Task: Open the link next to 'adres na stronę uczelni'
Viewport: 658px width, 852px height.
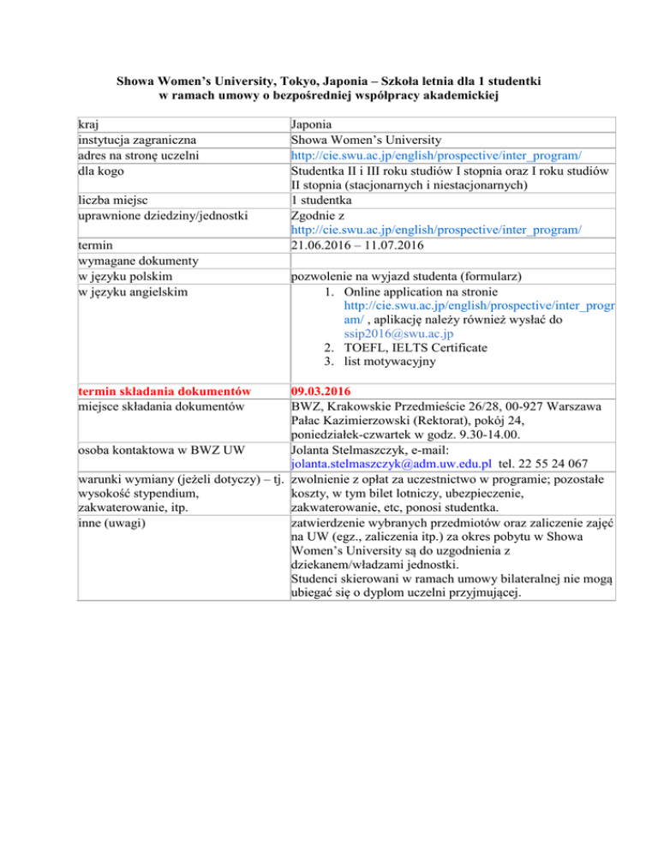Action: coord(437,155)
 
